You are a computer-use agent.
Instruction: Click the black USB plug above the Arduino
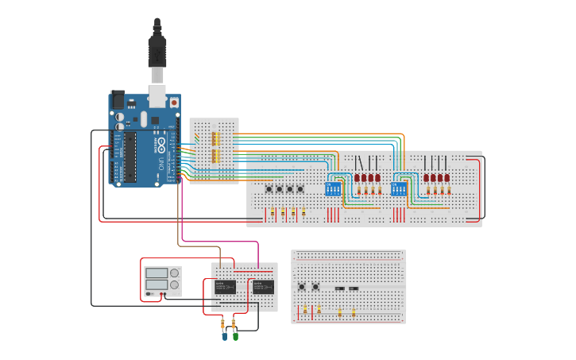click(157, 48)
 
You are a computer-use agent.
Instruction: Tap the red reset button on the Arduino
click(174, 103)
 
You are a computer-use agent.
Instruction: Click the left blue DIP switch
click(333, 191)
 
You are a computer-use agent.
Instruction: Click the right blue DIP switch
click(396, 191)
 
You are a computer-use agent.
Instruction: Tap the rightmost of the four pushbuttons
click(300, 189)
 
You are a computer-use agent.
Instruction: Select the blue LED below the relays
click(224, 336)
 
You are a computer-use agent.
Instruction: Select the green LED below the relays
click(234, 336)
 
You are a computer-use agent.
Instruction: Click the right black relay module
click(263, 287)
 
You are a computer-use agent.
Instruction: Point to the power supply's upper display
click(156, 273)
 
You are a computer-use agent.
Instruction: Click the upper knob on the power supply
click(174, 273)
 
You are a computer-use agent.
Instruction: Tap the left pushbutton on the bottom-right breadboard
click(301, 288)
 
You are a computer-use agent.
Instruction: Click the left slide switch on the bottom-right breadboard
click(339, 288)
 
